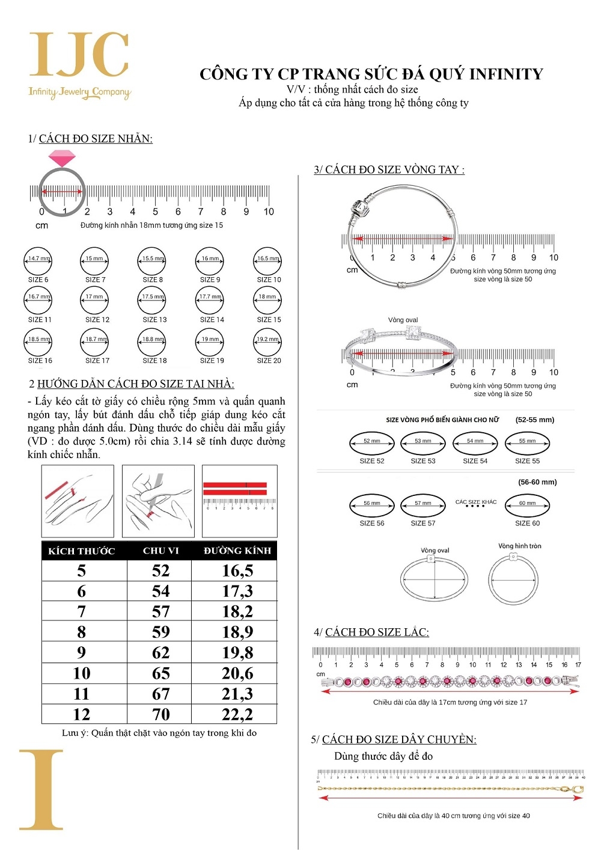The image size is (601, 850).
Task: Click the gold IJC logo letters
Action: click(79, 55)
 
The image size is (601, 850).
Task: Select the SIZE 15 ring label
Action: click(269, 320)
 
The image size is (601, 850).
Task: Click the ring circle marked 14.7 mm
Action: click(37, 261)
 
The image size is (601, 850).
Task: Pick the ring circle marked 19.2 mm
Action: click(267, 342)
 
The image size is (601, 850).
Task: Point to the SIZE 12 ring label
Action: click(97, 320)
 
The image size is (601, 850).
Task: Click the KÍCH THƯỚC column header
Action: click(82, 551)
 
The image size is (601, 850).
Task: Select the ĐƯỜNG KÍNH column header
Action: click(237, 551)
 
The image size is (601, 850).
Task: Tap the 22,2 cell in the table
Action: click(237, 714)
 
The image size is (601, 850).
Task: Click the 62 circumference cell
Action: click(160, 653)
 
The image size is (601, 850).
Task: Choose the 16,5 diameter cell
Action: click(237, 570)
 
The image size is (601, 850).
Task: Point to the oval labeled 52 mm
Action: click(371, 443)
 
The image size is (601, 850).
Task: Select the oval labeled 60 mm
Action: click(527, 506)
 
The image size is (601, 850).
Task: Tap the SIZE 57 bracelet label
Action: click(423, 523)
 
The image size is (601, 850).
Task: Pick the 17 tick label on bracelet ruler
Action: click(578, 665)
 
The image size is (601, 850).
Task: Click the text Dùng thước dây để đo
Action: click(383, 756)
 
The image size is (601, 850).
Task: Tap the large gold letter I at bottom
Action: click(41, 789)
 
